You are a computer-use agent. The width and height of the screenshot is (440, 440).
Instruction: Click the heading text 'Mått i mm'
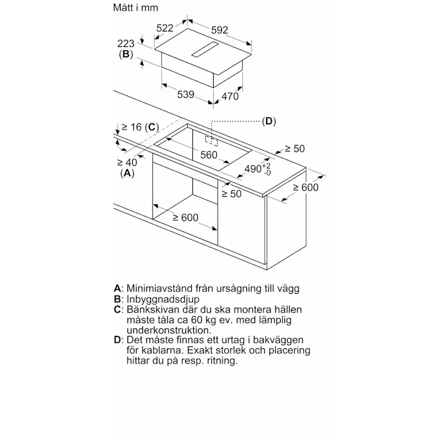coord(136,8)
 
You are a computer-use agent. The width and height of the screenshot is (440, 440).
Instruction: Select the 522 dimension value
coord(165,28)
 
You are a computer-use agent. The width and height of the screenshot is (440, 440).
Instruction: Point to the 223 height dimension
coord(126,44)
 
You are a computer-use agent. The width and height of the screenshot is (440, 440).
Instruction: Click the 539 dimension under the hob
coord(185,95)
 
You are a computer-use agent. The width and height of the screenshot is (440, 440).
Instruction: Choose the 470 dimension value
coord(230,96)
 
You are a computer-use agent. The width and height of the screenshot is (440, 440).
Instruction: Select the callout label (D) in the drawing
coord(269,121)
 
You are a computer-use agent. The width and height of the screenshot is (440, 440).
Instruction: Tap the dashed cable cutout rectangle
coord(212,140)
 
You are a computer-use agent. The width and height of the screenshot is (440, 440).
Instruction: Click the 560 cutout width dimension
coord(208,155)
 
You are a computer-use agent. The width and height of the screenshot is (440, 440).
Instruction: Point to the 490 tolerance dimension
coord(257,168)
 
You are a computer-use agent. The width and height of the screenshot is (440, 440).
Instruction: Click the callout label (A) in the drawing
coord(127,173)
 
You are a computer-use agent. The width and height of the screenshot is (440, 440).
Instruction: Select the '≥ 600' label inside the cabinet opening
coord(184,217)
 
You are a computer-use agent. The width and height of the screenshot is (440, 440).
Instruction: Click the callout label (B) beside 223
coord(125,54)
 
